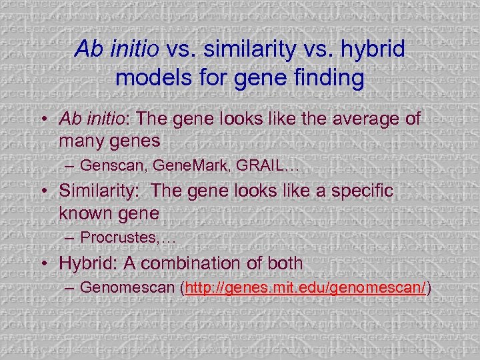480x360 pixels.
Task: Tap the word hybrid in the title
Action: coord(371,50)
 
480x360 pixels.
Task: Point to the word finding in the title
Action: coord(327,78)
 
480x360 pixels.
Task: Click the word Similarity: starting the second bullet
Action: coord(99,191)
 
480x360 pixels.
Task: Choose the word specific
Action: coord(360,191)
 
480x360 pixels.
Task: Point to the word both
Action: coord(283,263)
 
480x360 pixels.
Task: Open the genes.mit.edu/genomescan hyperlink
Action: coord(306,287)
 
